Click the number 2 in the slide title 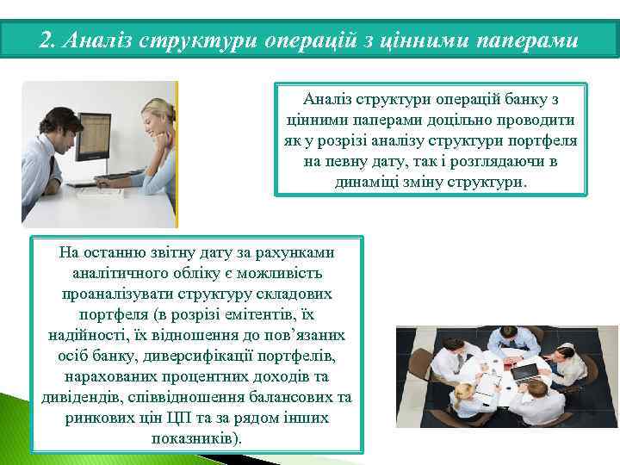(46, 40)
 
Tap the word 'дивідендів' (82, 397)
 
